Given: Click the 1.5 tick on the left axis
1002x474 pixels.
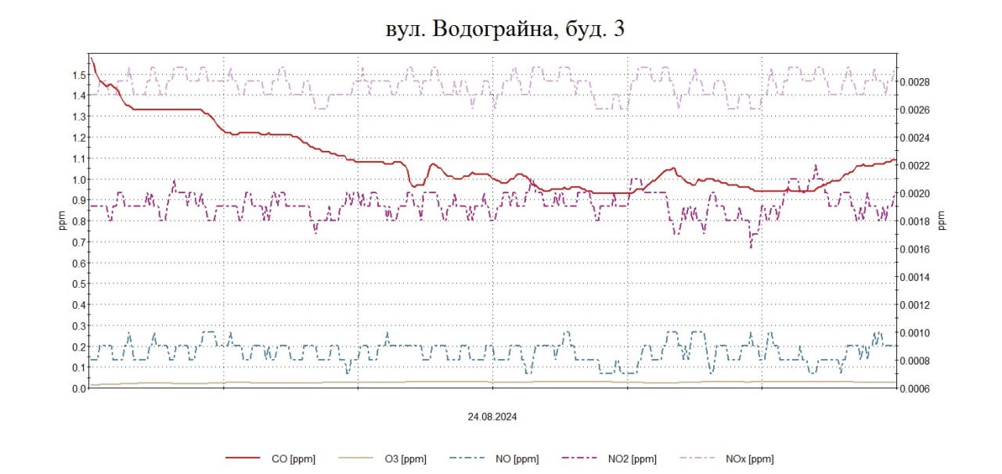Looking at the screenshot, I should pos(77,75).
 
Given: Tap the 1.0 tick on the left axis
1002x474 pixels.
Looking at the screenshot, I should pos(77,179).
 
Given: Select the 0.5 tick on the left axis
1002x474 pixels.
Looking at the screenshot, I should pos(77,284).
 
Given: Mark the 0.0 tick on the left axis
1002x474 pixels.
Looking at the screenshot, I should pos(77,389).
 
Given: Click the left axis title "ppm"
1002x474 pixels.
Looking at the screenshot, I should pos(63,221).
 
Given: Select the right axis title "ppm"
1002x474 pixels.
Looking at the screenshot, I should pos(942,221).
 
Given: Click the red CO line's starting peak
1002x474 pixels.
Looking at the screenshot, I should pos(91,57).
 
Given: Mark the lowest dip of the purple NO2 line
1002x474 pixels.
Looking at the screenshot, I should pos(751,247).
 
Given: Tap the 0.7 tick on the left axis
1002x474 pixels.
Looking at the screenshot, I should pos(77,242).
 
